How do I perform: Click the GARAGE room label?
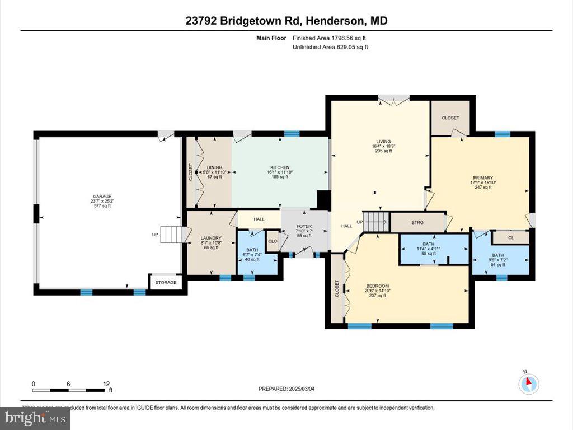tap(102, 196)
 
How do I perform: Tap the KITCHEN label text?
tap(279, 167)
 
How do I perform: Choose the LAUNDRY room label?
tap(211, 238)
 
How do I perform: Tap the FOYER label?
tap(304, 226)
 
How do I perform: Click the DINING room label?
tap(214, 167)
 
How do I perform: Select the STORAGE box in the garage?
tap(166, 283)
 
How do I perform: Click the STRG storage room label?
tap(417, 222)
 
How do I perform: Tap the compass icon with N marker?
tap(528, 383)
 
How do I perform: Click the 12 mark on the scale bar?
tap(106, 384)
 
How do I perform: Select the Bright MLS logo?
tap(35, 418)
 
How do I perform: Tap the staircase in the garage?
tap(171, 235)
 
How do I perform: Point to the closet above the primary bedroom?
tap(450, 118)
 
